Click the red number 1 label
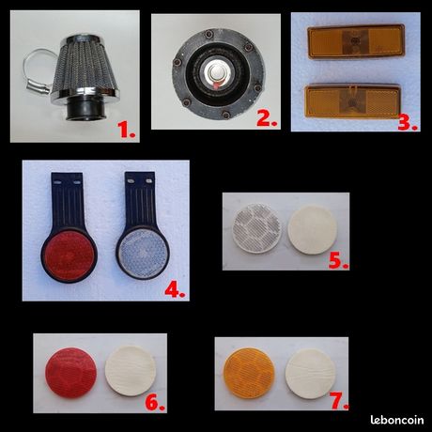(x=127, y=130)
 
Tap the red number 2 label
(x=267, y=118)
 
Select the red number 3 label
(x=408, y=122)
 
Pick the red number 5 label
(x=338, y=261)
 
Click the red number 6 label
(x=155, y=403)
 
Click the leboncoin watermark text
(x=397, y=420)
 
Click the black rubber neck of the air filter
(x=85, y=110)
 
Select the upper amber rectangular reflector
(x=356, y=42)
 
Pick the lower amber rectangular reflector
(x=353, y=101)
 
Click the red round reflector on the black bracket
(x=69, y=255)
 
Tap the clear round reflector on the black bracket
(x=143, y=254)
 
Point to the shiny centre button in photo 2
(x=216, y=73)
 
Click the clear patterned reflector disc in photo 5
(x=257, y=228)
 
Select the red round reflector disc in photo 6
(x=70, y=373)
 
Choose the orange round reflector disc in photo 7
(x=249, y=373)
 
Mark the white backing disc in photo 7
(x=310, y=374)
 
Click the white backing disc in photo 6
(x=131, y=371)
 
